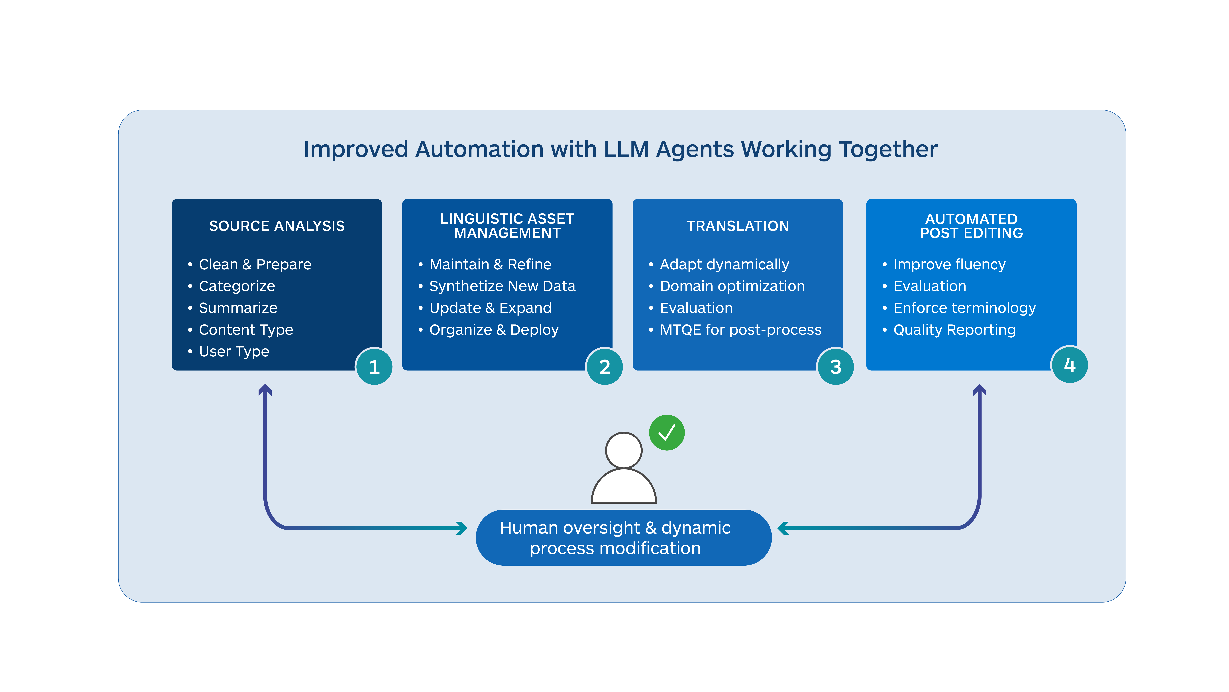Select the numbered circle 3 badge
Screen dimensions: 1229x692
point(835,366)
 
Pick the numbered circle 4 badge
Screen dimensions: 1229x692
point(1070,365)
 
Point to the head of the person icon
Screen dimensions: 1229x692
point(624,450)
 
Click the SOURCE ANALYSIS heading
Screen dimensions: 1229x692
point(277,226)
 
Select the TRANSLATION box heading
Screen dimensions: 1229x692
point(738,226)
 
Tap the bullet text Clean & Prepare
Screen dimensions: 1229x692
point(255,264)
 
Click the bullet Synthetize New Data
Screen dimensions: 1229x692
point(502,286)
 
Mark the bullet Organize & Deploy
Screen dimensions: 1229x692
point(494,330)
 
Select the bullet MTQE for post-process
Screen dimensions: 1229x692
point(740,330)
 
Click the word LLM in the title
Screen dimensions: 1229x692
point(626,149)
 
